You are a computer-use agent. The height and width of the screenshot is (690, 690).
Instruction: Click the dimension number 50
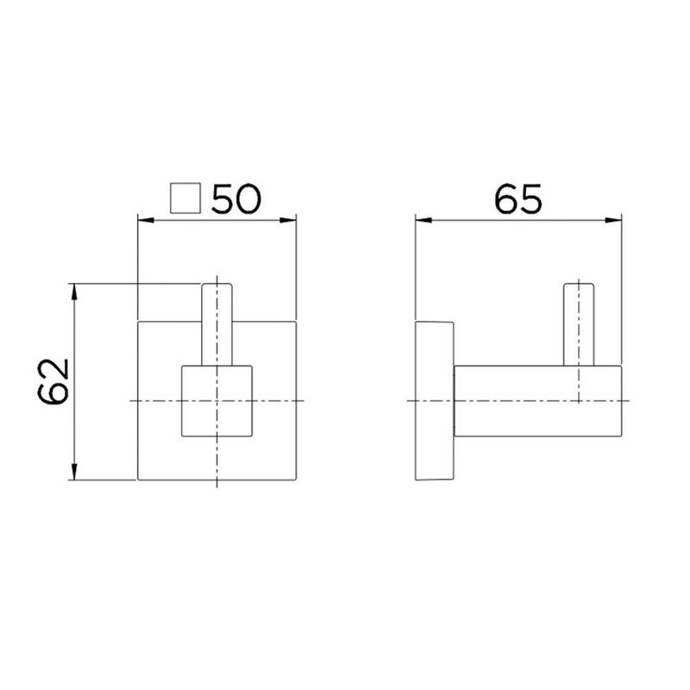coord(236,200)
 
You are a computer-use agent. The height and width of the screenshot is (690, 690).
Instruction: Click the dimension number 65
coord(518,200)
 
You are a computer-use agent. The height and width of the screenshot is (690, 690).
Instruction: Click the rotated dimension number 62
coord(53,381)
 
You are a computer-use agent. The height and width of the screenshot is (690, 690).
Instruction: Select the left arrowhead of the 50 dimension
coord(144,220)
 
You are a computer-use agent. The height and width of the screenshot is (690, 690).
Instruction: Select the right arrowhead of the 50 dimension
coord(292,220)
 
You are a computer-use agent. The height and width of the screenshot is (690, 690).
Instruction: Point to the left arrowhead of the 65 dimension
coord(422,220)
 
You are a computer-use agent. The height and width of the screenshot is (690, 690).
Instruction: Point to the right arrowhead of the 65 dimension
coord(618,220)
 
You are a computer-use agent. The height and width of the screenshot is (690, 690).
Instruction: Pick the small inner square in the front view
coord(216,401)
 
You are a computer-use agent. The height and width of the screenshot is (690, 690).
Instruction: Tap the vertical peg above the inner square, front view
coord(216,323)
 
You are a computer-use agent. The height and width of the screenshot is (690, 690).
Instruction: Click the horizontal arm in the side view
coord(535,401)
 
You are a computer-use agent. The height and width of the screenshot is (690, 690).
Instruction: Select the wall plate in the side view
coord(435,401)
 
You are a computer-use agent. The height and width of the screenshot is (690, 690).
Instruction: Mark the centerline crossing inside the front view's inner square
coord(216,401)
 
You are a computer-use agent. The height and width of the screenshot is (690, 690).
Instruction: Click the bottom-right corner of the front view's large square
coord(297,480)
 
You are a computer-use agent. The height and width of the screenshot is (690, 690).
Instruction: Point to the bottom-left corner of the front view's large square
coord(139,480)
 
